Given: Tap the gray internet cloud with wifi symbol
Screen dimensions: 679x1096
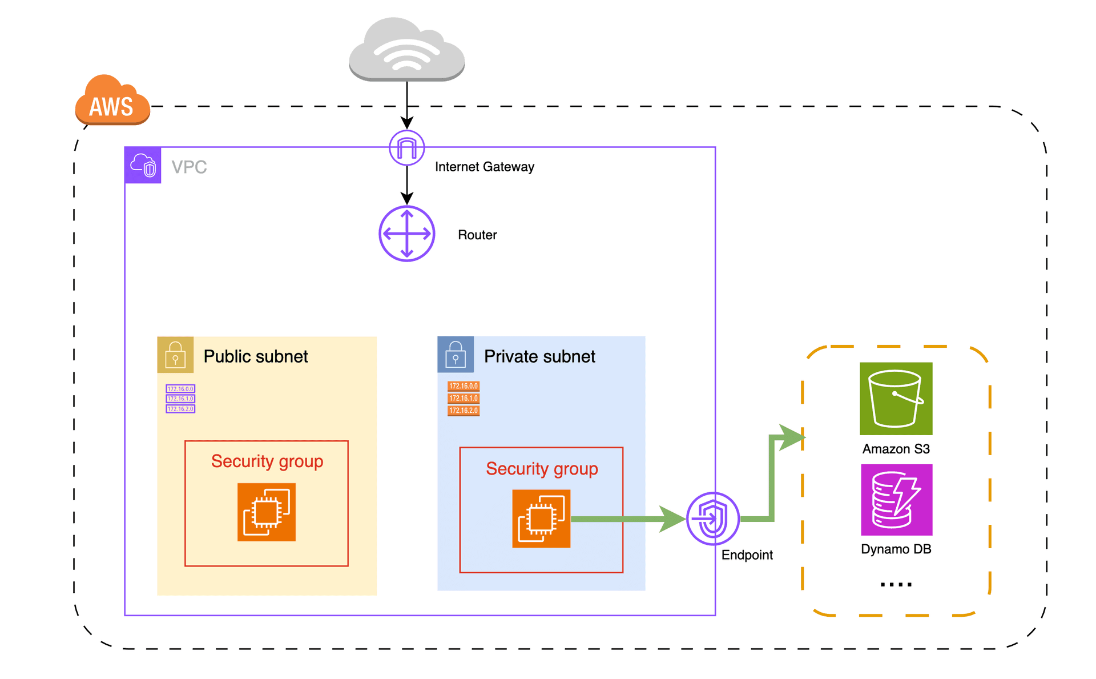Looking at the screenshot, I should coord(406,50).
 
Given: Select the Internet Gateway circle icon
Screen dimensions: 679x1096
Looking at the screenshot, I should coord(406,148).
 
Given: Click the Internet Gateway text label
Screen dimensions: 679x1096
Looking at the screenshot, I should coord(484,167).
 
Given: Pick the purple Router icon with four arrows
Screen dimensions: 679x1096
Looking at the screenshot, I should coord(406,234).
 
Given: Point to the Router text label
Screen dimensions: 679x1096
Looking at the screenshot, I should coord(477,235).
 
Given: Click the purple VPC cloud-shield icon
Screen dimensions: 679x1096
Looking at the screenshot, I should coord(143,166).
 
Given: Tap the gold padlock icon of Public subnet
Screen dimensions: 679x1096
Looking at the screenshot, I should coord(175,355).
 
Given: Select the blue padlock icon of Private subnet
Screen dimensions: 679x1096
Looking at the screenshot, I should coord(455,355).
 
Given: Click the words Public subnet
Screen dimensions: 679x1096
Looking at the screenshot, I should coord(255,356).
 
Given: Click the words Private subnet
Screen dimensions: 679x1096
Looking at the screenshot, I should coord(539,356).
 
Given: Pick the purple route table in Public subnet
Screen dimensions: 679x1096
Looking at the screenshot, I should coord(180,399).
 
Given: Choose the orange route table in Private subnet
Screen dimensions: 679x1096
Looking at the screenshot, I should coord(463,399).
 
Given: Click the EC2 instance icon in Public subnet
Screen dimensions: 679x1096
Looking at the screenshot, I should coord(266,512).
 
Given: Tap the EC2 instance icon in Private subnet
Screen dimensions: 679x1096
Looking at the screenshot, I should coord(541,519).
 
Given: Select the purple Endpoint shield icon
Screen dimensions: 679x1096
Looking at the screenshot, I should coord(712,519).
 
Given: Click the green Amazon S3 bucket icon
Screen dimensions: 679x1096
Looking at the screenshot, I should coord(896,399).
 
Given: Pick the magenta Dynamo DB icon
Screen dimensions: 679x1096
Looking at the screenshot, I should coord(896,500).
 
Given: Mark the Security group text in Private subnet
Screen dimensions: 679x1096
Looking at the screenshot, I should coord(541,469).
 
